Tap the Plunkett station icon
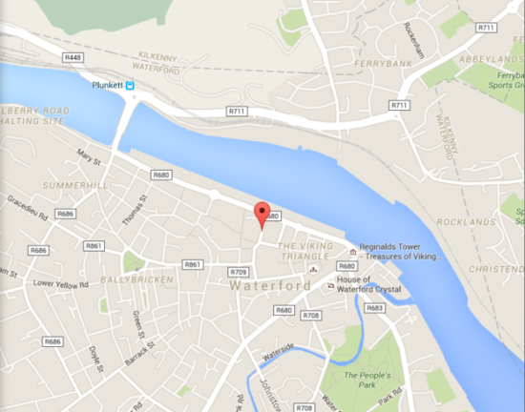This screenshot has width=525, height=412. point(133,85)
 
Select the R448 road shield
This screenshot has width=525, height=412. point(73,58)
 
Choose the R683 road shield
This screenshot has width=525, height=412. point(374,307)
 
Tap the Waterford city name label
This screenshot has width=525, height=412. point(262,284)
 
